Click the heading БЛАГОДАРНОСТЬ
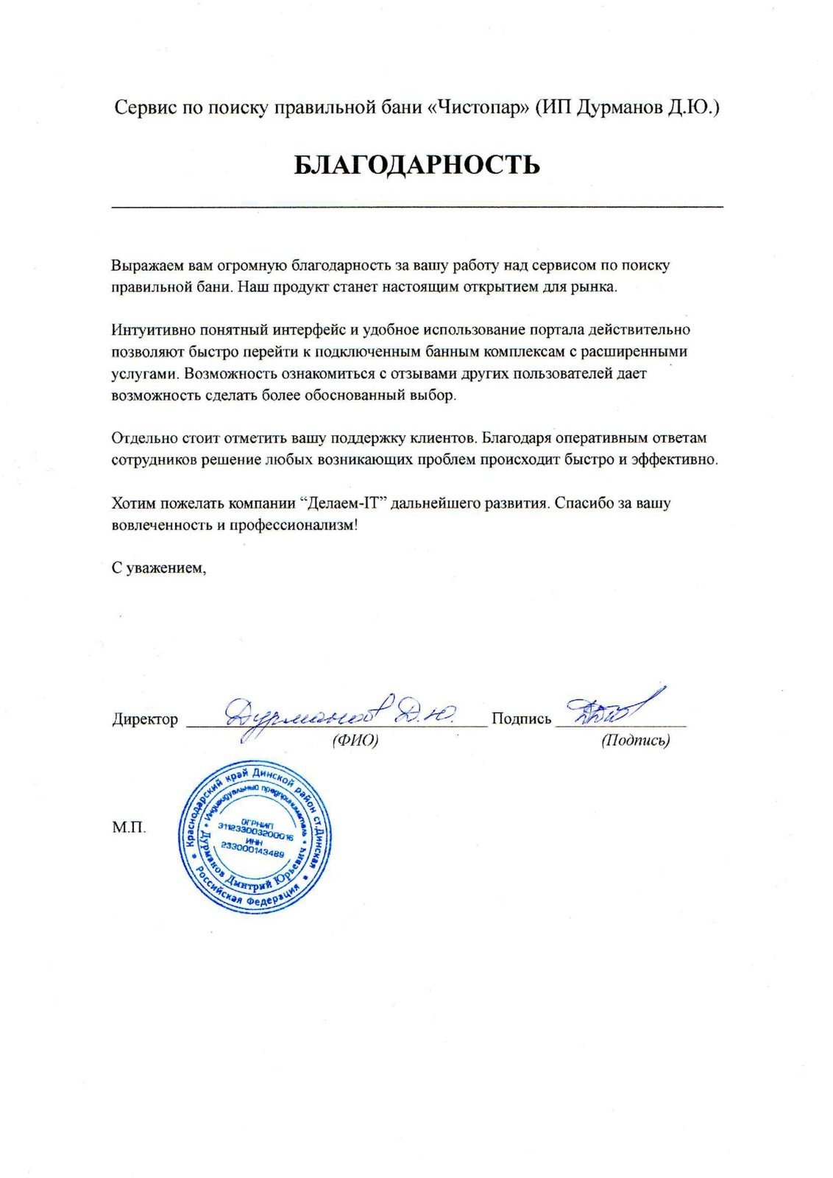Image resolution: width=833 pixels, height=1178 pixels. pos(416,165)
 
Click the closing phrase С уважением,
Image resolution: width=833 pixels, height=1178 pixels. pos(157,568)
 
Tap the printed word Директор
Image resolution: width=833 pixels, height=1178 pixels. pos(145,719)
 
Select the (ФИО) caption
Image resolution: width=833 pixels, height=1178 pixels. pos(355,740)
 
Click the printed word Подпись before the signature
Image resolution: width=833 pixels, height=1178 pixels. pos(521,719)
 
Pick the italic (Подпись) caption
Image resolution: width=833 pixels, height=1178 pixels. pos(635,741)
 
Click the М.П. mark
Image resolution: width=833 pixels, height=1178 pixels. pos(129,828)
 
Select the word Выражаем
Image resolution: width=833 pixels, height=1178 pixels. pos(146,264)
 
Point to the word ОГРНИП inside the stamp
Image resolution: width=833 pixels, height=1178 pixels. pos(256,823)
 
